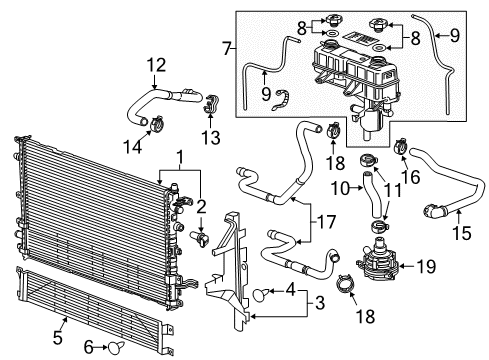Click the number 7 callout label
[227, 47]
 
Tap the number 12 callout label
[156, 65]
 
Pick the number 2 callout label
[200, 208]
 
